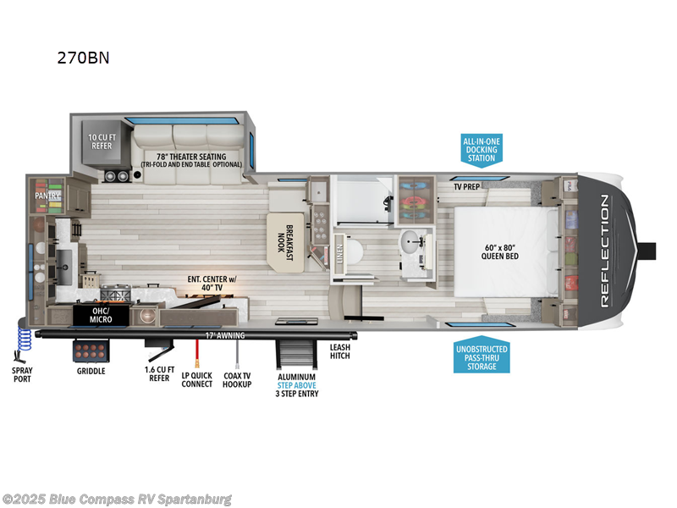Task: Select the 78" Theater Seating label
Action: point(191,158)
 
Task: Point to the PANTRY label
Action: point(47,196)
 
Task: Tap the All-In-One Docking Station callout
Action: point(481,148)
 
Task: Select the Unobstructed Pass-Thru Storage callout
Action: point(481,356)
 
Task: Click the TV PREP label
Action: point(467,186)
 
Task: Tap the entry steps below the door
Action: point(297,354)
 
